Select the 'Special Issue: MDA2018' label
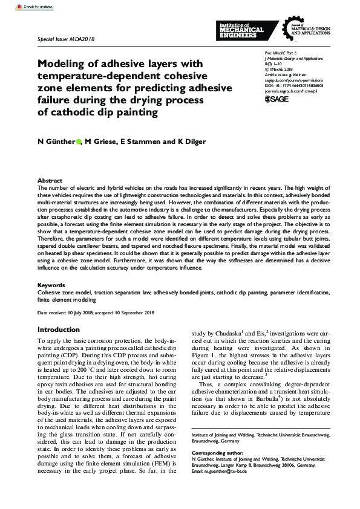click(66, 39)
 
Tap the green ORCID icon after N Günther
click(79, 142)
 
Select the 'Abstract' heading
click(50, 181)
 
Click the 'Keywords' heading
click(51, 284)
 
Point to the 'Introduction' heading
click(58, 330)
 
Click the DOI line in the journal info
click(294, 86)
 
